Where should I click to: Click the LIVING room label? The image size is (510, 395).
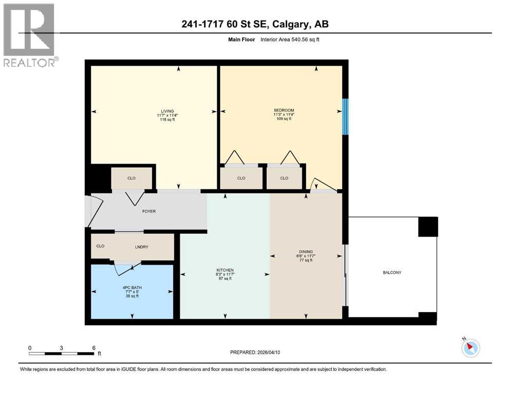coord(167,111)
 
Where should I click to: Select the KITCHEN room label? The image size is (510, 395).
coord(225,270)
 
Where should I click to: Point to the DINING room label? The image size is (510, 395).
coord(306,252)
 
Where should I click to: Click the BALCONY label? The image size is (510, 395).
coord(391,272)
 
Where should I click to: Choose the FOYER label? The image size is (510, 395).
coord(149,211)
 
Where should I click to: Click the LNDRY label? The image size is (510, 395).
coord(142,247)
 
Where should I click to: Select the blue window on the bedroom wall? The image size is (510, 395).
coord(346,116)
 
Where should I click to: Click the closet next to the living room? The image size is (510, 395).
coord(131,178)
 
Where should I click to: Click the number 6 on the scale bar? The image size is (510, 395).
coord(93,348)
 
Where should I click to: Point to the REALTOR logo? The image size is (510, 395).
coord(29,35)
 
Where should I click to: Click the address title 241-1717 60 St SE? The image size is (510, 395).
coord(255,24)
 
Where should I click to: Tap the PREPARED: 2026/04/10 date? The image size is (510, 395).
coord(255,352)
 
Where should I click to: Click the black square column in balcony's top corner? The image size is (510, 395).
coord(427,226)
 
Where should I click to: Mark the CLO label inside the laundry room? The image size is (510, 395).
coord(100,246)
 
